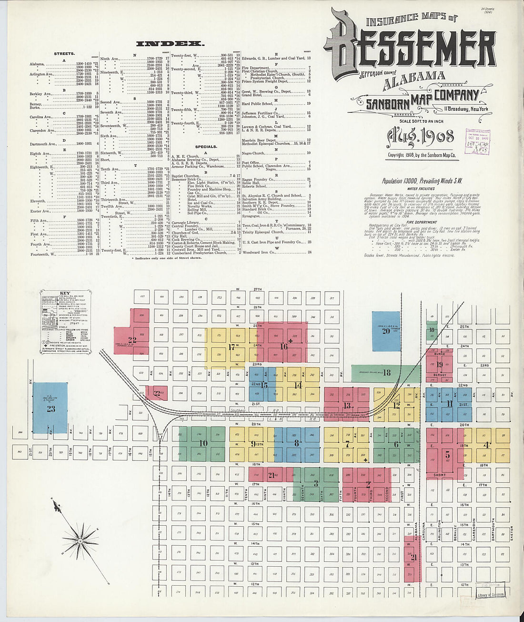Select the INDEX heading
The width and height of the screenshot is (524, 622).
click(170, 44)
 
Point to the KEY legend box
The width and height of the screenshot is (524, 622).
click(65, 321)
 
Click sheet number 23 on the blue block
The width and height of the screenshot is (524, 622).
click(50, 408)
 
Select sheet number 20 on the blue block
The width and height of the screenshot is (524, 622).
click(386, 331)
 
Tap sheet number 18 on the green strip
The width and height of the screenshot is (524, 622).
click(386, 373)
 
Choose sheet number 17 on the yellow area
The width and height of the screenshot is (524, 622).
click(232, 347)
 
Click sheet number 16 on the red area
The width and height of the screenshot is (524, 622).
click(284, 347)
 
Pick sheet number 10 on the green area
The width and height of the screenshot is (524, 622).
click(203, 443)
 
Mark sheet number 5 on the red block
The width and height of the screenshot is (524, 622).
click(447, 454)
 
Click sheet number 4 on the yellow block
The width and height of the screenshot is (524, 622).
click(486, 445)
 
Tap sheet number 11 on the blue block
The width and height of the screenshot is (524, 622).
click(450, 404)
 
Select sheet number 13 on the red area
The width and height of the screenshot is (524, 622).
click(347, 406)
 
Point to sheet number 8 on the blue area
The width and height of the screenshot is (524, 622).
click(297, 443)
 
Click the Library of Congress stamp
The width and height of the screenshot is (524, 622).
click(491, 595)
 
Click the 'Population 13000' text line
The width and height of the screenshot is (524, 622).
click(422, 181)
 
